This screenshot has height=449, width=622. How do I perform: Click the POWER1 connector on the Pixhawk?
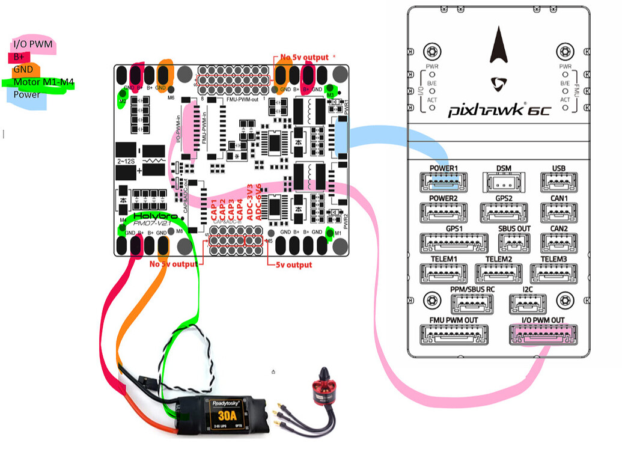tap(444, 180)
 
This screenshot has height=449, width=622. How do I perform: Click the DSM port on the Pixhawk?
tap(504, 180)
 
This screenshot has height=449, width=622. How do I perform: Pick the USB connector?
tap(559, 180)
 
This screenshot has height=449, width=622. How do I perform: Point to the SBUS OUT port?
tap(514, 242)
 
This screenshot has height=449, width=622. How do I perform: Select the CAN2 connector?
tap(559, 242)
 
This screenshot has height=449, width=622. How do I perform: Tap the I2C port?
tap(527, 304)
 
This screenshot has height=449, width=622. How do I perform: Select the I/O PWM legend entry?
tap(32, 44)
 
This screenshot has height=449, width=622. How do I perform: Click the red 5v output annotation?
tap(293, 265)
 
